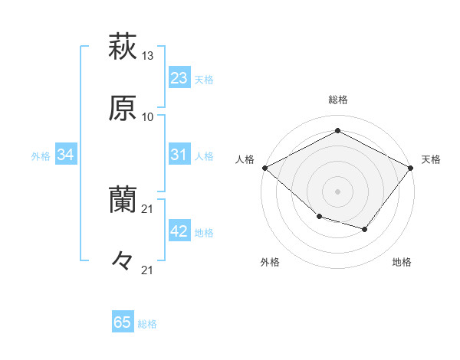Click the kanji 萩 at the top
pyautogui.click(x=123, y=47)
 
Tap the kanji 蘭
pyautogui.click(x=123, y=200)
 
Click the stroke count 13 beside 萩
pyautogui.click(x=148, y=56)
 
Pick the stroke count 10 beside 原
pyautogui.click(x=148, y=117)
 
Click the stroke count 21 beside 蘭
pyautogui.click(x=148, y=209)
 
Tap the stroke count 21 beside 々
pyautogui.click(x=148, y=270)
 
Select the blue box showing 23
pyautogui.click(x=179, y=78)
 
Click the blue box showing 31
pyautogui.click(x=179, y=155)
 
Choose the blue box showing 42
pyautogui.click(x=179, y=231)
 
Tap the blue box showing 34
pyautogui.click(x=66, y=155)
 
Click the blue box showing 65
pyautogui.click(x=123, y=322)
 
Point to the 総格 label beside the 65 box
pyautogui.click(x=147, y=324)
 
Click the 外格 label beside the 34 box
pyautogui.click(x=41, y=156)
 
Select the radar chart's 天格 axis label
pyautogui.click(x=431, y=159)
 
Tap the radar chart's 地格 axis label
pyautogui.click(x=402, y=263)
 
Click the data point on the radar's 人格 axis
pyautogui.click(x=264, y=168)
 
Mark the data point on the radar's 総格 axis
pyautogui.click(x=337, y=131)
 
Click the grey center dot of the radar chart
pyautogui.click(x=337, y=191)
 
